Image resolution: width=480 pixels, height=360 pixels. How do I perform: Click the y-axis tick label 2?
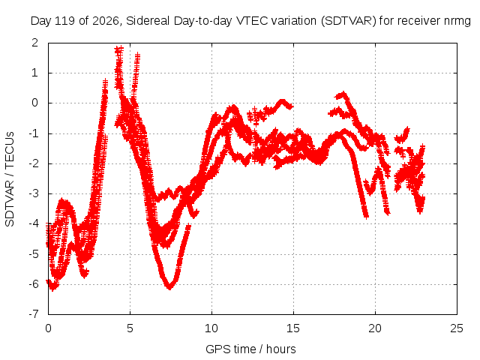tap(34, 43)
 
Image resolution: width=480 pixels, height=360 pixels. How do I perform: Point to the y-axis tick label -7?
tap(33, 314)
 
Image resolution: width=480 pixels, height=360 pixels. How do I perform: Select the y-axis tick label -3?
tap(33, 193)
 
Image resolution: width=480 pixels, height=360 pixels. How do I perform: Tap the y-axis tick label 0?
tap(34, 103)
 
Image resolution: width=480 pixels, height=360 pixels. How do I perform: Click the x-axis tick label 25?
tap(457, 328)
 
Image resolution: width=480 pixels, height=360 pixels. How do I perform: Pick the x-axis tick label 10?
tap(211, 328)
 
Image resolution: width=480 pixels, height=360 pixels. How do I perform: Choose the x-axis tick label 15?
tap(293, 328)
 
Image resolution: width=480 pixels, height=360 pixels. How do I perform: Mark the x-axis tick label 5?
tap(130, 328)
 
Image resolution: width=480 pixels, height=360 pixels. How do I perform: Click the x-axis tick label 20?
tap(375, 328)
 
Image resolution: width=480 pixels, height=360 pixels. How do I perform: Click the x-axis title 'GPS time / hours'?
tap(250, 349)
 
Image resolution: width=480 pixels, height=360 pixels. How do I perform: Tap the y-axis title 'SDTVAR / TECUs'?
tap(10, 179)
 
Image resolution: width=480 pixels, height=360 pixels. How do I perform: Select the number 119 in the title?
tap(64, 21)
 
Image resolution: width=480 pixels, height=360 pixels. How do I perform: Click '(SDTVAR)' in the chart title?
tap(348, 21)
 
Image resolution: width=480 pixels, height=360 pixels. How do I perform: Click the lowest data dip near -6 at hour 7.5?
tap(169, 287)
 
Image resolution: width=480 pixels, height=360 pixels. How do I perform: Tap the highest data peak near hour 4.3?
tap(118, 49)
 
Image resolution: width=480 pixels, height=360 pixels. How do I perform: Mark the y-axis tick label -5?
tap(33, 254)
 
